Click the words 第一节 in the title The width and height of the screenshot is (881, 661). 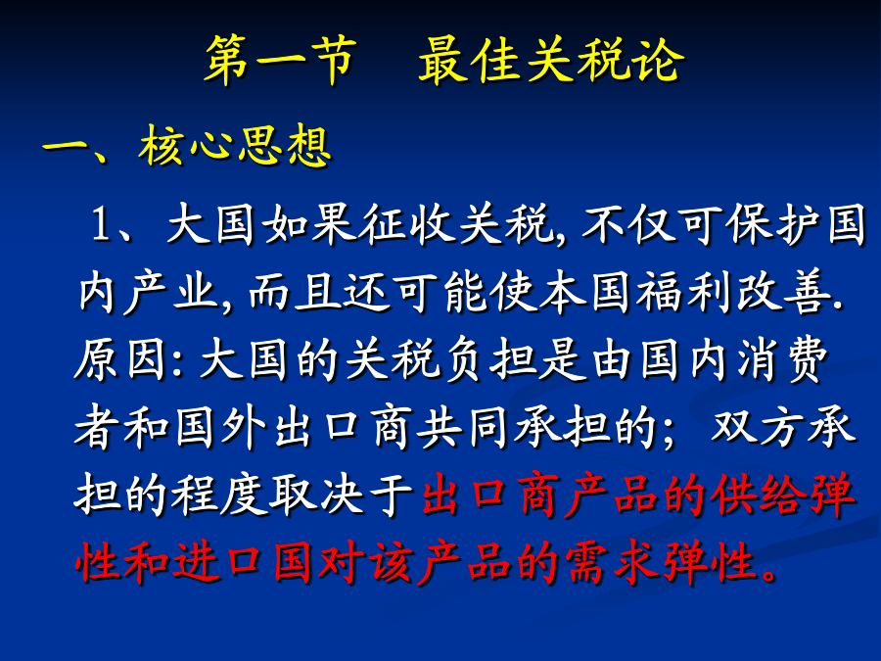[x=281, y=60]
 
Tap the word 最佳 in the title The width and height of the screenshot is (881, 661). [x=469, y=60]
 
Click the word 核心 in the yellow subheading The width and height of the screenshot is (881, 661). [x=185, y=146]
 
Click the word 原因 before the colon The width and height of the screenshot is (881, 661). [x=120, y=359]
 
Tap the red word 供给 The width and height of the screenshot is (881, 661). [x=759, y=496]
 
